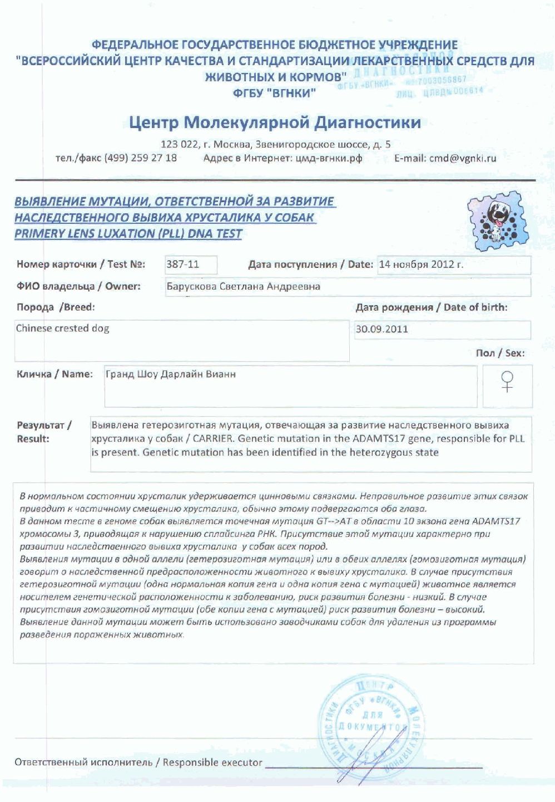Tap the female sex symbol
point(507,382)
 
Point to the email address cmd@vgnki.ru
point(462,158)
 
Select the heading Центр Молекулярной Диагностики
point(275,122)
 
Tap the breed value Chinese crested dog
point(62,328)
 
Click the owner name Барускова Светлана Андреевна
point(244,287)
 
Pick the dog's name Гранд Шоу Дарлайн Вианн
point(171,374)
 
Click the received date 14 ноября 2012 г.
point(421,265)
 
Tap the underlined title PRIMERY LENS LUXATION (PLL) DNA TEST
point(128,234)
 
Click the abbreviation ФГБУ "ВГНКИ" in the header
point(275,93)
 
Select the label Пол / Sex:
point(500,353)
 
